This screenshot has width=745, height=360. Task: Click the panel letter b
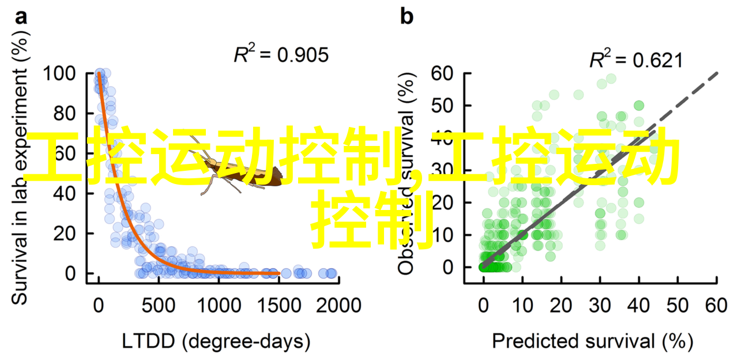click(407, 17)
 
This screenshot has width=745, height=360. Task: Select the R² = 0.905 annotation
click(280, 55)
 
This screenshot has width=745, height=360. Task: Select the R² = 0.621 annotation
click(635, 60)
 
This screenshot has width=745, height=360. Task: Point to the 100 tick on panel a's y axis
click(63, 74)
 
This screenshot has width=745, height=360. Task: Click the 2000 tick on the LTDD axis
click(338, 305)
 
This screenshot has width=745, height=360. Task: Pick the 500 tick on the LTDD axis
click(159, 305)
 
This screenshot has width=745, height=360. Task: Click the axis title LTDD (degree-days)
click(216, 342)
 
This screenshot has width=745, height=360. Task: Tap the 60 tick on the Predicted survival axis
click(717, 305)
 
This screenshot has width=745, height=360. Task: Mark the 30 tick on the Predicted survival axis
click(600, 305)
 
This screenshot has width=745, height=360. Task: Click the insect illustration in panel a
click(242, 173)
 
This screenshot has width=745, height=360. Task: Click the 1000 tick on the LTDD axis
click(218, 305)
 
